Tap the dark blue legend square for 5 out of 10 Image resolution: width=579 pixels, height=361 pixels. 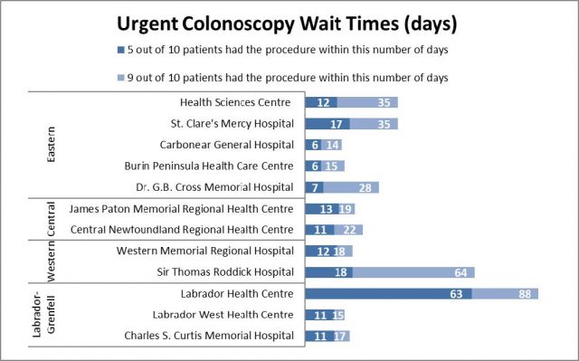coord(120,50)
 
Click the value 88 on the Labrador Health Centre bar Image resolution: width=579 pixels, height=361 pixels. coord(524,293)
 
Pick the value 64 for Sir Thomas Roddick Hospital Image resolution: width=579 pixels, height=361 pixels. coord(460,271)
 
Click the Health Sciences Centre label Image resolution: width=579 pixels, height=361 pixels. coord(237,102)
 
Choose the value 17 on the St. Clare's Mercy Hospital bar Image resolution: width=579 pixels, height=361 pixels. coord(337,123)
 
